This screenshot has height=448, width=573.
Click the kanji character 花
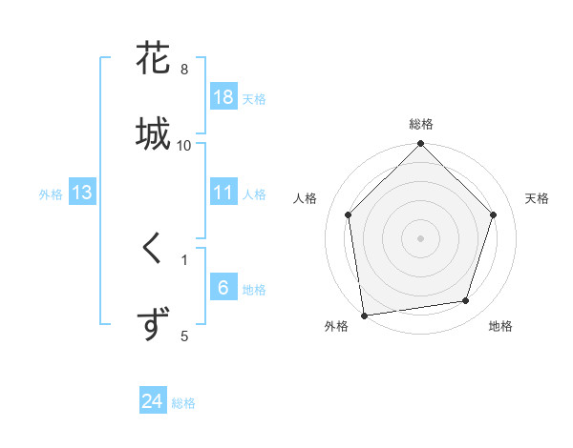(x=154, y=59)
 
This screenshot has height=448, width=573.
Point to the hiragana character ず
(x=154, y=323)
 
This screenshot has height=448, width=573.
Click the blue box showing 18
(x=223, y=97)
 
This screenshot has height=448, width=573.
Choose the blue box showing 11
(x=223, y=193)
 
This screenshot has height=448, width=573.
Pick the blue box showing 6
(x=223, y=288)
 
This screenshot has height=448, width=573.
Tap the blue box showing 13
(x=82, y=193)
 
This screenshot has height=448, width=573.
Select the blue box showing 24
(x=153, y=402)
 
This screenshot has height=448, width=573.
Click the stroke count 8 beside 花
(x=184, y=70)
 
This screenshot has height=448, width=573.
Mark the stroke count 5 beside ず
(x=184, y=335)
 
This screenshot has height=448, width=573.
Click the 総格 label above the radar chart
(x=421, y=124)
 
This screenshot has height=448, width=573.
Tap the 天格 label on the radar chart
(x=537, y=198)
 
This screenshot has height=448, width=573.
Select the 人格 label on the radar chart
(x=306, y=198)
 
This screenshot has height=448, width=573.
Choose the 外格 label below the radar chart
(x=336, y=326)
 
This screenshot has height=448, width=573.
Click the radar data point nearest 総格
(x=421, y=145)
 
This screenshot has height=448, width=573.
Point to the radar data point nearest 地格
(x=466, y=301)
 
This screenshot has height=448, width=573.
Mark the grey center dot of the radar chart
(x=421, y=237)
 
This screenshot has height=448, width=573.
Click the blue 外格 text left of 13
(x=51, y=194)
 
